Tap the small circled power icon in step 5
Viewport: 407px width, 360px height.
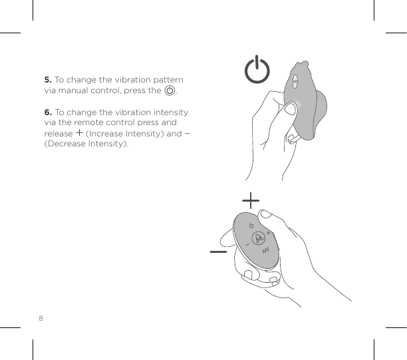pyautogui.click(x=171, y=90)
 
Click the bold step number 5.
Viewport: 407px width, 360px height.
pyautogui.click(x=48, y=79)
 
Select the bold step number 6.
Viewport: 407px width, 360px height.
pyautogui.click(x=48, y=111)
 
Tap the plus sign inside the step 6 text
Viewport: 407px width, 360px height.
pyautogui.click(x=80, y=133)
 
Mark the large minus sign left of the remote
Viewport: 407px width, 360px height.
pyautogui.click(x=219, y=252)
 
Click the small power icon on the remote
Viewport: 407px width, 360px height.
pyautogui.click(x=251, y=225)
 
